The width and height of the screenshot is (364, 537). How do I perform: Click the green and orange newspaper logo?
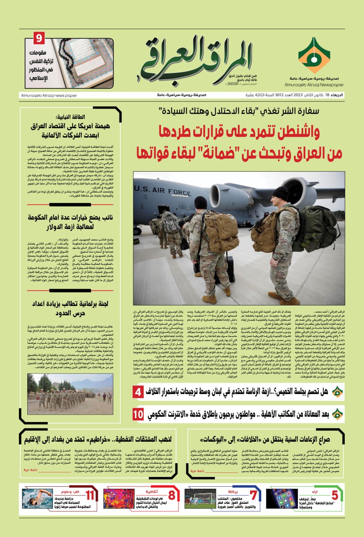[x=314, y=55]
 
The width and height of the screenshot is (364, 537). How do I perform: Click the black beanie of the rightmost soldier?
[x=280, y=193]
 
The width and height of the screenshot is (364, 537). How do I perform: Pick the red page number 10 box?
[x=138, y=414]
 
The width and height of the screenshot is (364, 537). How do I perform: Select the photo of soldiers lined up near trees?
[x=70, y=388]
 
